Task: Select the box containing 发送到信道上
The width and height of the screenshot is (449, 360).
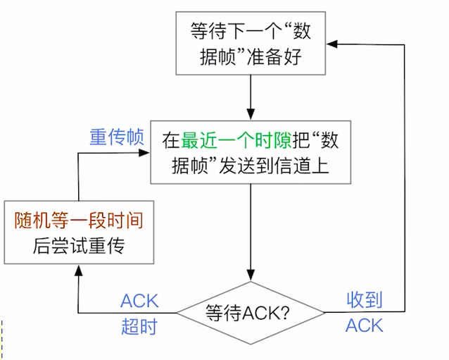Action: [x=251, y=151]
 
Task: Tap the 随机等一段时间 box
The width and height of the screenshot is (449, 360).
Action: [x=78, y=233]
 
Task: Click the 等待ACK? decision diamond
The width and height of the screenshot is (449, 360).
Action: [x=250, y=311]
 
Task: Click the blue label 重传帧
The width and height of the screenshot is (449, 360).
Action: [x=117, y=137]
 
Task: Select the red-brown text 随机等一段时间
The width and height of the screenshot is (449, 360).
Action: [x=78, y=221]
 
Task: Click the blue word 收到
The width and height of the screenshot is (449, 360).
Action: [x=365, y=301]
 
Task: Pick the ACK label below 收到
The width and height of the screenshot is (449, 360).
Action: [x=365, y=325]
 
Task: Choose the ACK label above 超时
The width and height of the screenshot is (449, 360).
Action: [x=139, y=301]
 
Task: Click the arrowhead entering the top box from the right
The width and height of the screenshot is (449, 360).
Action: [x=331, y=44]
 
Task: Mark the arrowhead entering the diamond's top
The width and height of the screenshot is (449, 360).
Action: [x=250, y=274]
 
